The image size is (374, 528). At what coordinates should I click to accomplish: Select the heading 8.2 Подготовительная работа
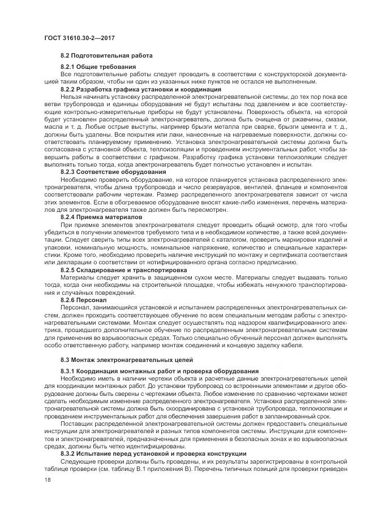pos(106,56)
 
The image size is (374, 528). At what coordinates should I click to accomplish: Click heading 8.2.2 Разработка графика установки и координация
pos(140,90)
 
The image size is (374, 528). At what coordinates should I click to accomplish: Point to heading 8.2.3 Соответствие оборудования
pos(113,171)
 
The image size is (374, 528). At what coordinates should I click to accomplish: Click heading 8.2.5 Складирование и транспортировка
pos(123,270)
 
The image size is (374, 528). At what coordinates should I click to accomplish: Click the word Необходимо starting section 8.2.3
pos(79,178)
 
